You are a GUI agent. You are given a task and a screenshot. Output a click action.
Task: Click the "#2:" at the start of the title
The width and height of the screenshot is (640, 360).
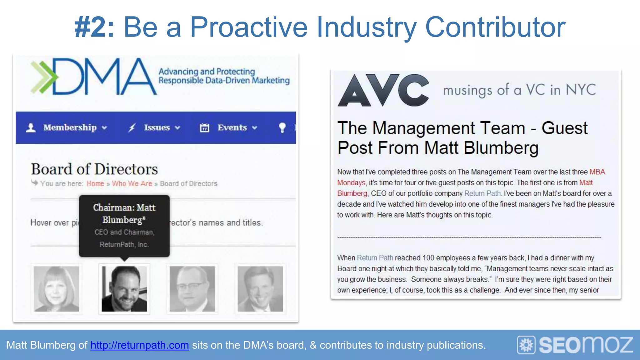tap(94, 27)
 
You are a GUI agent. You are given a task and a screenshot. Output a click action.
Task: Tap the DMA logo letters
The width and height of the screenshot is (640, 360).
tap(103, 77)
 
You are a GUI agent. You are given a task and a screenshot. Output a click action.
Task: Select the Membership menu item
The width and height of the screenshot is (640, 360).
tap(70, 127)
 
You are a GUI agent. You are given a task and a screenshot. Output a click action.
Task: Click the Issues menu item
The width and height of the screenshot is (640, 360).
tap(157, 127)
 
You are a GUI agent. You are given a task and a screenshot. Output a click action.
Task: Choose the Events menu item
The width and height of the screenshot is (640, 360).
tap(232, 127)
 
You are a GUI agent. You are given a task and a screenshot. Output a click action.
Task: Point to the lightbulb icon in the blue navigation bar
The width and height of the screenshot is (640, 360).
tap(282, 127)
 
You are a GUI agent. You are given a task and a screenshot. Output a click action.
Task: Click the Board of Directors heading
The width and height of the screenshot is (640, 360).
tap(94, 169)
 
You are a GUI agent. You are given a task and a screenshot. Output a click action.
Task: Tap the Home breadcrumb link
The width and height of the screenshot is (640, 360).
tap(95, 183)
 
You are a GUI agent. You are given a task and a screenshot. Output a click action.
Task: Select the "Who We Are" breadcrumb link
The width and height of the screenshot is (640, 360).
tap(132, 183)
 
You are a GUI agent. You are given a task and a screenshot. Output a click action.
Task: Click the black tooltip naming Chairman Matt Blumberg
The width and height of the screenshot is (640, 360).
tap(124, 226)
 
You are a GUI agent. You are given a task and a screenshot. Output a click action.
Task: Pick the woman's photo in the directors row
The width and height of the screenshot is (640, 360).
tap(57, 289)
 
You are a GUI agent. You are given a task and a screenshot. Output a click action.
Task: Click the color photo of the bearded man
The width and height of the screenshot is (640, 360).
tap(124, 289)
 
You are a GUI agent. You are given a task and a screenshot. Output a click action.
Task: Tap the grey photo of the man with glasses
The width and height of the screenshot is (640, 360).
tap(192, 289)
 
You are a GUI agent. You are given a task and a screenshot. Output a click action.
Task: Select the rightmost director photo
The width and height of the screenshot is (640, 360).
tap(260, 289)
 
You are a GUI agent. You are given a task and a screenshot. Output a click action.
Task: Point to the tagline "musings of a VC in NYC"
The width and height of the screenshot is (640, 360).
tap(519, 90)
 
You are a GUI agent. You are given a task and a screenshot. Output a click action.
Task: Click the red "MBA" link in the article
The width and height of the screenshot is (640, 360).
tap(597, 172)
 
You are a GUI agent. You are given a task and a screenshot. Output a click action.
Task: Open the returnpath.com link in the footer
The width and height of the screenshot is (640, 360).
tap(140, 345)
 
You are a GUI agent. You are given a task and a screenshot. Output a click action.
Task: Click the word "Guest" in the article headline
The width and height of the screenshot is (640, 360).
tap(564, 128)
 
